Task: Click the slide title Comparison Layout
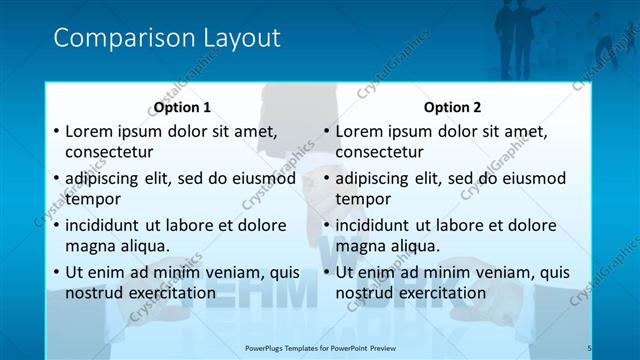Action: point(166,38)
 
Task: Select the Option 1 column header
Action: point(182,107)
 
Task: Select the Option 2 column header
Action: point(452,107)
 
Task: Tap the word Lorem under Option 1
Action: point(90,131)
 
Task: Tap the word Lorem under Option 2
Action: point(360,131)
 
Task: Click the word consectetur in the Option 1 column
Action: point(109,153)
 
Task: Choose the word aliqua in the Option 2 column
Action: point(414,246)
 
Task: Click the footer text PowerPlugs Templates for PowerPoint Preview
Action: point(320,347)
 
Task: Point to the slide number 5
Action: point(589,347)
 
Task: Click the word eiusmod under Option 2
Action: point(530,179)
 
